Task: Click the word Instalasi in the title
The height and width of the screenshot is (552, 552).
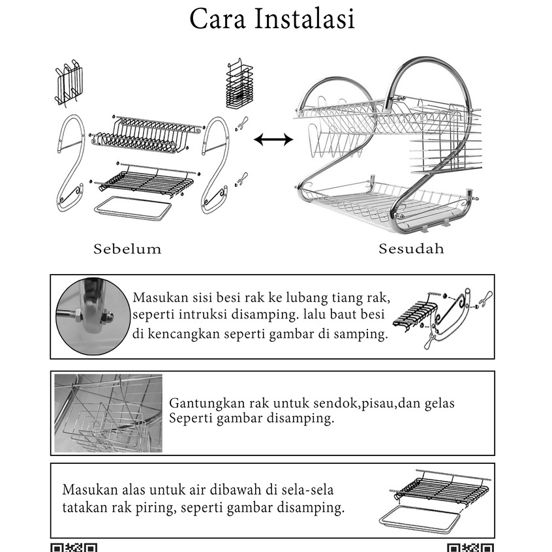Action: (304, 19)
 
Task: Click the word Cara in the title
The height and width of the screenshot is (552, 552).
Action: (217, 19)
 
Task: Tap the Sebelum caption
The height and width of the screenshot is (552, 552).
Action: (127, 249)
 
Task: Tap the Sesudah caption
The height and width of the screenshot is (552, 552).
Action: (411, 249)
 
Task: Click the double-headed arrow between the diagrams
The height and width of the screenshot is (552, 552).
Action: (273, 140)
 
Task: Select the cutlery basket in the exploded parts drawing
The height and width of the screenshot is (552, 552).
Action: (239, 84)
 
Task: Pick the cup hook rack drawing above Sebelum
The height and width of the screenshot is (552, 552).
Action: (69, 83)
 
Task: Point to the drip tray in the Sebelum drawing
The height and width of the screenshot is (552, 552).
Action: (132, 208)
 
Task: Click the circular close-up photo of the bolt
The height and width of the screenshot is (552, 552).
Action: (93, 316)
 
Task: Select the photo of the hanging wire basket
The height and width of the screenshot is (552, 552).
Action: (108, 413)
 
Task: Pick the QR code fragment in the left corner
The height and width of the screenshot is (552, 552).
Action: (74, 547)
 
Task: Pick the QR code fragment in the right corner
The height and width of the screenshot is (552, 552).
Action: (470, 547)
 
